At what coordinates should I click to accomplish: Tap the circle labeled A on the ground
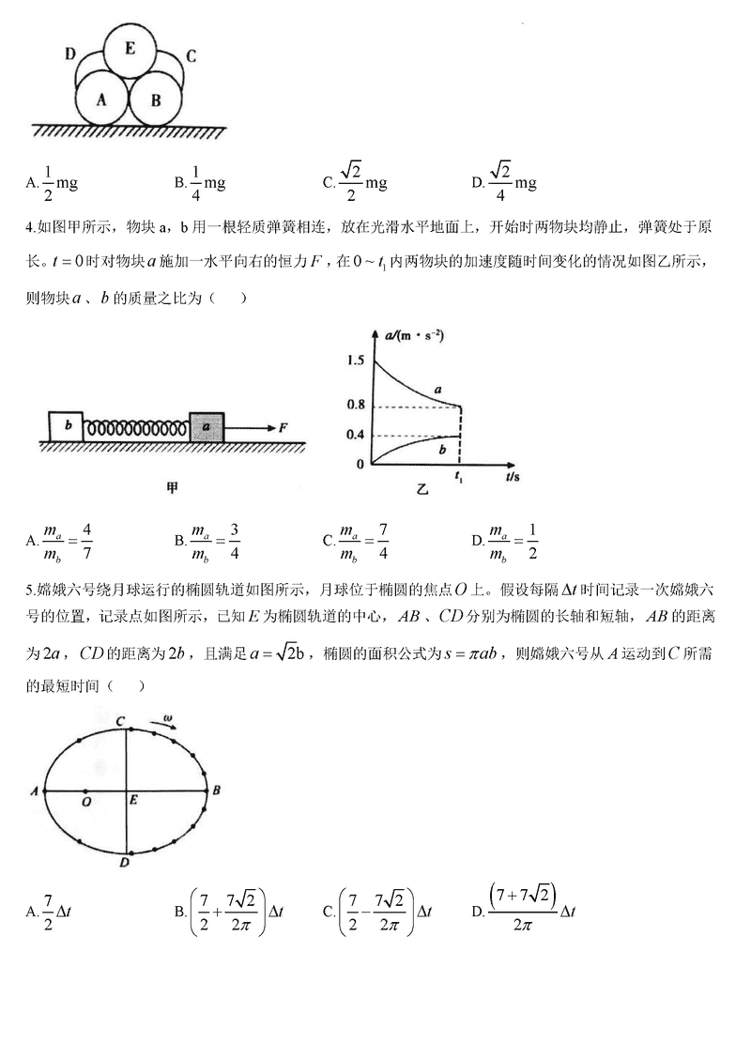100,98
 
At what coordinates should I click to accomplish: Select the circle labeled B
156,98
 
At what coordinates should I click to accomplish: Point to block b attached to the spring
66,426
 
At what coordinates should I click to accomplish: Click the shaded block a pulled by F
207,426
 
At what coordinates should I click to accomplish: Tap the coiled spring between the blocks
136,428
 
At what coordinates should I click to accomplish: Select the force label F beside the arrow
283,427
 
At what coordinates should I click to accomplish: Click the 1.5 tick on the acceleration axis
354,361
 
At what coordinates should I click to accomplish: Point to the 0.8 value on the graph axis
354,406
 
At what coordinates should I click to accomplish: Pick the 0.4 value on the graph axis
354,436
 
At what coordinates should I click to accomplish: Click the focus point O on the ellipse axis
85,803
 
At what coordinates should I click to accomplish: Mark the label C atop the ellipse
121,720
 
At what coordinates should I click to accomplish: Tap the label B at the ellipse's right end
216,790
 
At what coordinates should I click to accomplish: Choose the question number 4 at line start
30,226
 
